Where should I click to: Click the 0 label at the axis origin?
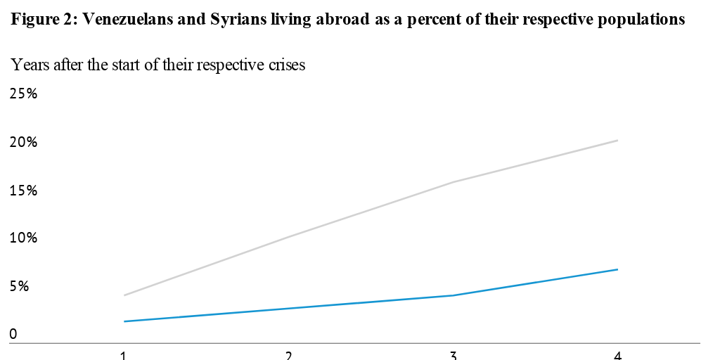[13, 335]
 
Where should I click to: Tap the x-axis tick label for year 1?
[124, 355]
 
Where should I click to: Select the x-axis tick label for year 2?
[288, 355]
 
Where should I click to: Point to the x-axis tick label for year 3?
[453, 355]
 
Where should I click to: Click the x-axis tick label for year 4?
[617, 355]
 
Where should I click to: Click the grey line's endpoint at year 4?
[617, 141]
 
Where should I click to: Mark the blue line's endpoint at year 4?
[617, 269]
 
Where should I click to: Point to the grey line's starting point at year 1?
[124, 295]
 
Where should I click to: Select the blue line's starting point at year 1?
[124, 321]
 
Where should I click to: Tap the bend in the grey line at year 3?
[453, 182]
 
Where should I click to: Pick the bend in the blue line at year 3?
[453, 295]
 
